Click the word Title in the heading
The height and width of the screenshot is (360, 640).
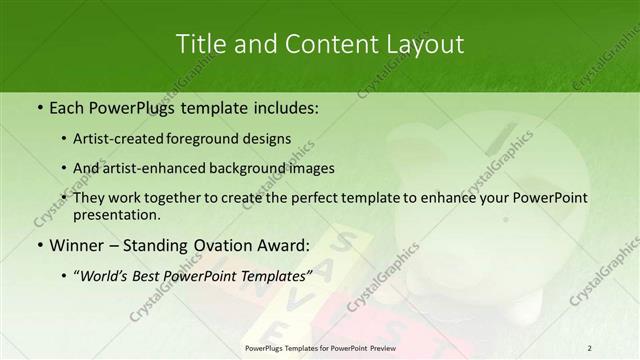pos(200,45)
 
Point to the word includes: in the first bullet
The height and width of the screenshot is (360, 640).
pos(283,105)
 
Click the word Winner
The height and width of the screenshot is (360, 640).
pos(81,243)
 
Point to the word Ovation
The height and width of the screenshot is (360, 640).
pos(232,243)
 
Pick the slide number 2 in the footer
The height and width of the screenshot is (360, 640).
pos(589,348)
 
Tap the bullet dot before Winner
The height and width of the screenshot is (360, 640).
pos(39,244)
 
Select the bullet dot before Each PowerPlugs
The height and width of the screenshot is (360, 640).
pos(39,106)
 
